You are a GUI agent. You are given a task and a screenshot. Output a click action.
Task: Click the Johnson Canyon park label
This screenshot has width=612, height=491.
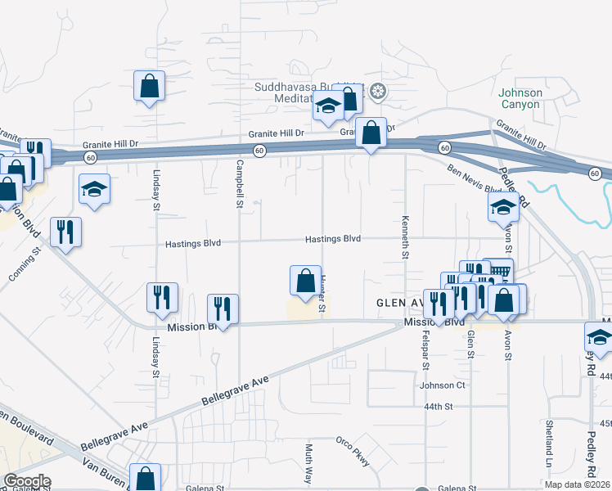pos(520,98)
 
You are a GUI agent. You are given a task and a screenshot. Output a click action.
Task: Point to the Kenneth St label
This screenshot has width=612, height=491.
pos(404,237)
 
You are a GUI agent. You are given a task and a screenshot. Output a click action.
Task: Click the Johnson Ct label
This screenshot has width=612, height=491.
pos(442,385)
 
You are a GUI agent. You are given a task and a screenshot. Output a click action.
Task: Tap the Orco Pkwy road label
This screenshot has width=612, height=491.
pos(353,452)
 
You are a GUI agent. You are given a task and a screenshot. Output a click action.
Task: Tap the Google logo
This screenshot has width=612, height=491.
pos(27,480)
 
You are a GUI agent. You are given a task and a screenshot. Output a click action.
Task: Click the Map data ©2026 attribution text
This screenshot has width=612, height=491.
pos(578,484)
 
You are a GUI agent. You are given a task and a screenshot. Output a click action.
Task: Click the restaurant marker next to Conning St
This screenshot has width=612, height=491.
pos(65,232)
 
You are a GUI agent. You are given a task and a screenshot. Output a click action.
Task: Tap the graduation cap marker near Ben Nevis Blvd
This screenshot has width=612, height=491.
pos(504,207)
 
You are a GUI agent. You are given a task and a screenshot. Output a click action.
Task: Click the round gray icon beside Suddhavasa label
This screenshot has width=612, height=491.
pos(377,91)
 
